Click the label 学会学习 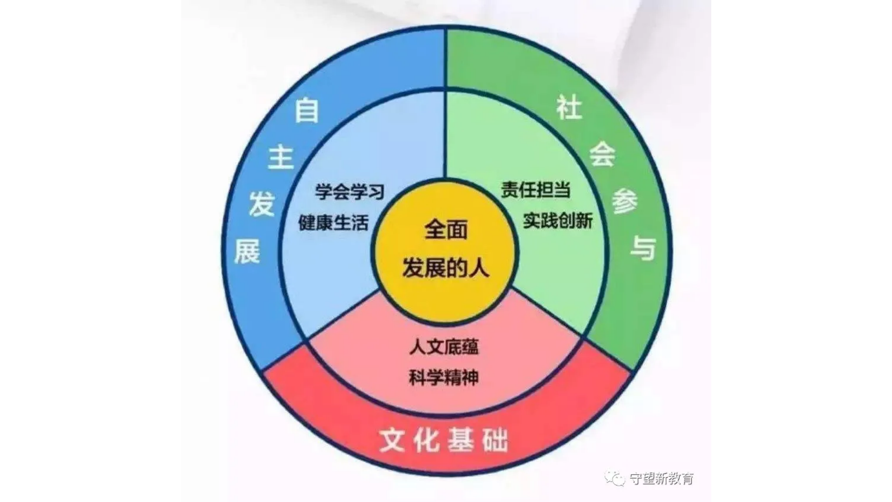coord(350,192)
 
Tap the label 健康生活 coord(334,223)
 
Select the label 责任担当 coord(536,190)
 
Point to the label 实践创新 coord(558,220)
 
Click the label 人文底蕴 coord(444,347)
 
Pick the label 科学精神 coord(444,377)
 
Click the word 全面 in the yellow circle coord(446,230)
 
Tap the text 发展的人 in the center coord(446,268)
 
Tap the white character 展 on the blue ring coord(247,251)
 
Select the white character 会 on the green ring coord(603,153)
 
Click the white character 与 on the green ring coord(643,248)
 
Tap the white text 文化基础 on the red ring coord(444,439)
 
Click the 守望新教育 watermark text coord(662,478)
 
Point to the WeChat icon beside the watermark coord(614,478)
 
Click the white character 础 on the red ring coord(495,439)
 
